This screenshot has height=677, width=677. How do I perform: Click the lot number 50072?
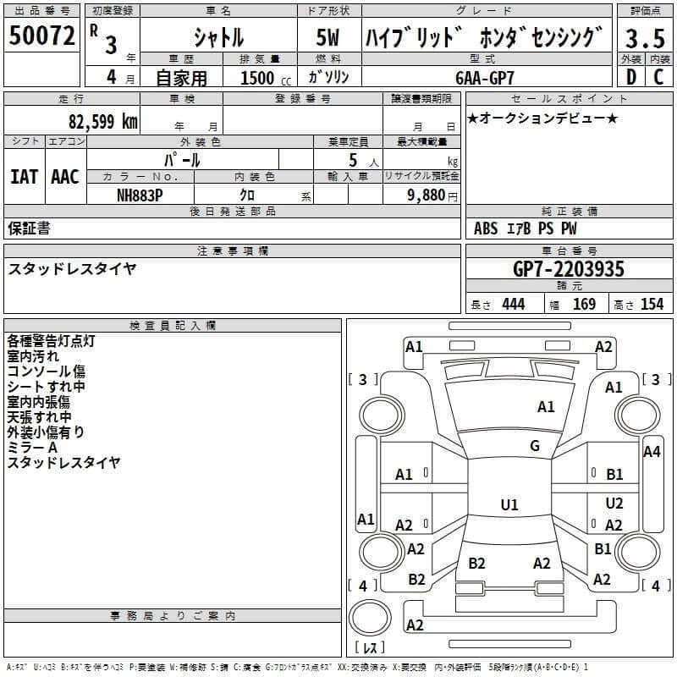coord(41,36)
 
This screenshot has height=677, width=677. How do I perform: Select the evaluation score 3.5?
coord(645,38)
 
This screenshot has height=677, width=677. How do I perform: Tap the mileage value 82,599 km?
coord(102,122)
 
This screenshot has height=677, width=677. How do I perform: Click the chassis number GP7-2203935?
coord(569,269)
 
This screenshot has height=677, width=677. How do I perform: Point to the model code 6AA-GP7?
coord(485,78)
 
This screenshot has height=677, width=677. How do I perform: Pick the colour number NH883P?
coord(140,195)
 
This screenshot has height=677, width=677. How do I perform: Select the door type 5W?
coord(327,37)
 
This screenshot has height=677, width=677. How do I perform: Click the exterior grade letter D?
coord(631,77)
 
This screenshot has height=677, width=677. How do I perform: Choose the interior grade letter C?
coord(658,77)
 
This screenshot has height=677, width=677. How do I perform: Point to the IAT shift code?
coord(25,177)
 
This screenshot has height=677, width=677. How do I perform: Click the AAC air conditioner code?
coord(65,177)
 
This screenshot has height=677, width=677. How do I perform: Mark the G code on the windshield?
coord(535,446)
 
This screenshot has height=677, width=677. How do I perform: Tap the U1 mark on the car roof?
coord(509,504)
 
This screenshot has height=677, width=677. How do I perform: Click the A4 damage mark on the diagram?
coord(652,452)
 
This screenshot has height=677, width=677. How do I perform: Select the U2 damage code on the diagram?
coord(614,503)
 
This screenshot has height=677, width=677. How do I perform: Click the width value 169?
coord(584,304)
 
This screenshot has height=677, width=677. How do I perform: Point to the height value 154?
coord(652,304)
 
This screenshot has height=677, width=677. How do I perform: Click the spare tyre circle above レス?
coord(370,618)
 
